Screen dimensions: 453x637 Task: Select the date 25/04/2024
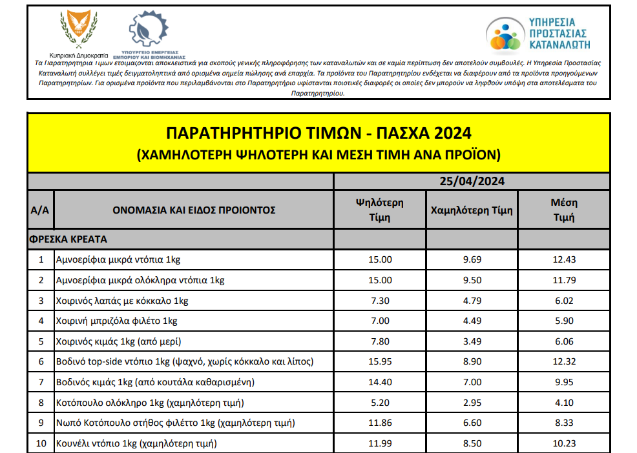point(471,181)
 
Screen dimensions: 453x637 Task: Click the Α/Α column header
point(40,210)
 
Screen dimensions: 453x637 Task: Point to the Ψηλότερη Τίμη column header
point(379,210)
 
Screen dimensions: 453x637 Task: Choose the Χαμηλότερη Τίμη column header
point(471,210)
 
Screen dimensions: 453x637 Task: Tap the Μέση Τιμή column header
point(563,210)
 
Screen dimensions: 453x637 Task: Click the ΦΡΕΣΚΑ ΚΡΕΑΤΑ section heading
point(68,239)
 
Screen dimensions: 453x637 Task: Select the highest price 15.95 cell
point(379,361)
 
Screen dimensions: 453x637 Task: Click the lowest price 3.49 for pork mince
point(471,341)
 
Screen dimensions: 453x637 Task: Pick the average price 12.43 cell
point(563,259)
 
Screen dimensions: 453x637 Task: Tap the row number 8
point(41,403)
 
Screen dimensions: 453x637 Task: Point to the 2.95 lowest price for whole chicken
point(471,403)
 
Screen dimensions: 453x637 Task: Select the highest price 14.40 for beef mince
point(379,382)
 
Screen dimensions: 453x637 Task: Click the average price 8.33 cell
point(563,423)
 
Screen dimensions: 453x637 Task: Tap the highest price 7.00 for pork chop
point(379,321)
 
